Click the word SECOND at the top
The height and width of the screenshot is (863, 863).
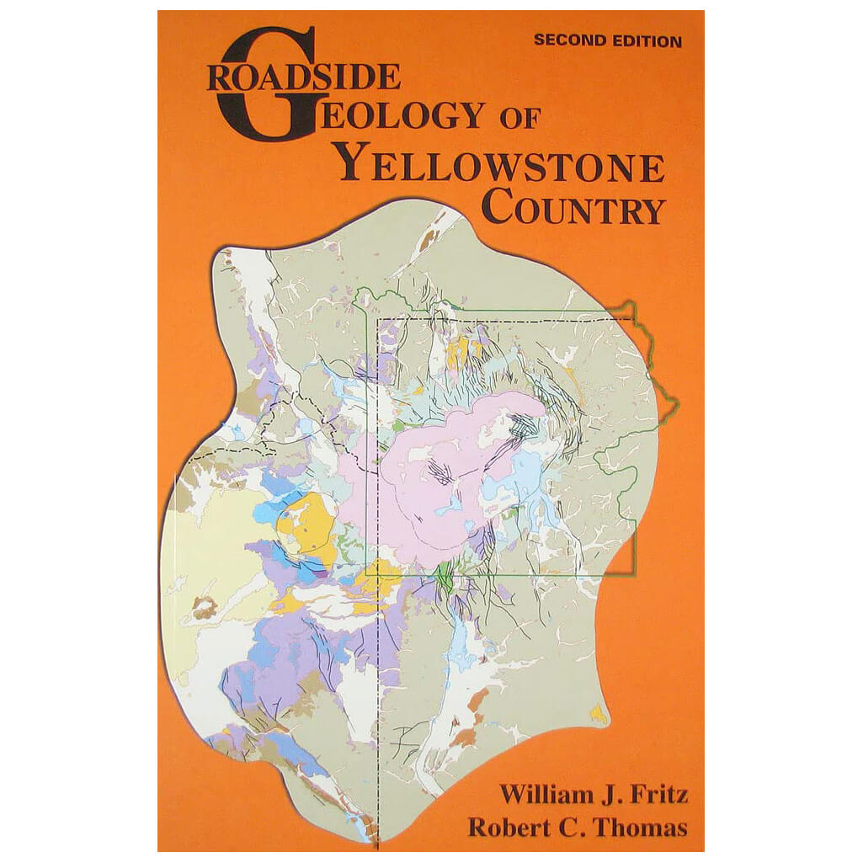[x=567, y=40]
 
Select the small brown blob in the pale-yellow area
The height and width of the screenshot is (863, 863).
[x=205, y=607]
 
